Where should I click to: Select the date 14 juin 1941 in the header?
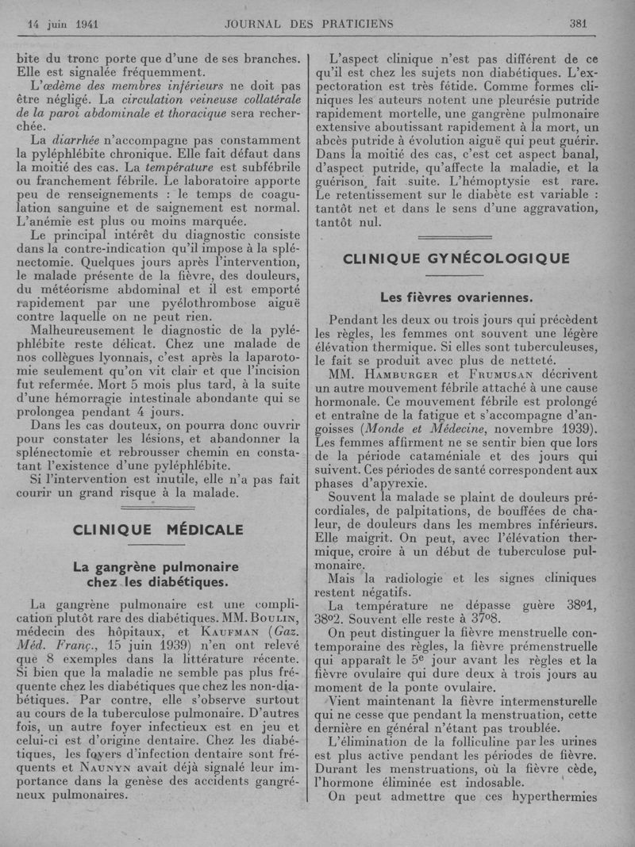click(57, 23)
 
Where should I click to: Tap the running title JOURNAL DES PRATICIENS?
click(309, 23)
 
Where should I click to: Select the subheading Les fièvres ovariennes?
click(456, 297)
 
